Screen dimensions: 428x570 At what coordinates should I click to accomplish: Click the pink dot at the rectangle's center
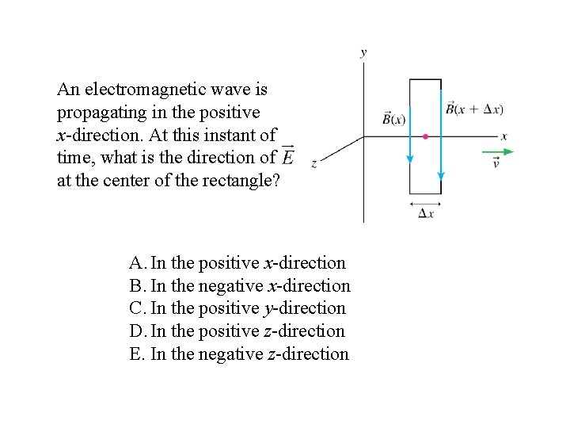click(425, 137)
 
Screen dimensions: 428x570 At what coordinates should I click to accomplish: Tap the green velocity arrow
click(497, 151)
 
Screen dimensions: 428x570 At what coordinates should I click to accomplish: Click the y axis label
click(363, 53)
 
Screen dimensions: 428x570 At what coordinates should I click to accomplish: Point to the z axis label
click(314, 163)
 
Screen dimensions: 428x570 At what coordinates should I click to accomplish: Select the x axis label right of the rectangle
click(504, 136)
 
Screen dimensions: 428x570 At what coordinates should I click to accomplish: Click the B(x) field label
click(393, 118)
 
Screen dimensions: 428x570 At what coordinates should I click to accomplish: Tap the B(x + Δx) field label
click(474, 109)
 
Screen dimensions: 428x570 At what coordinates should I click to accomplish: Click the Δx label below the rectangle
click(425, 215)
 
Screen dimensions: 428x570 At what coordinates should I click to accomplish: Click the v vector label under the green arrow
click(496, 163)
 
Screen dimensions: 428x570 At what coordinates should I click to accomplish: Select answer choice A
click(237, 262)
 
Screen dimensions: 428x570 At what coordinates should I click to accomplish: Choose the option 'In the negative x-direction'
click(240, 285)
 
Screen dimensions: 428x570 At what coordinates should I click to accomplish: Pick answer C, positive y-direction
click(237, 308)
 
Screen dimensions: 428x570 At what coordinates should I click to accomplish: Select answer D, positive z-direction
click(237, 331)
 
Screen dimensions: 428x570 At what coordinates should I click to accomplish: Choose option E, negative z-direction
click(239, 354)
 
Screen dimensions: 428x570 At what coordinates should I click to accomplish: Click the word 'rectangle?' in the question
click(241, 181)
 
